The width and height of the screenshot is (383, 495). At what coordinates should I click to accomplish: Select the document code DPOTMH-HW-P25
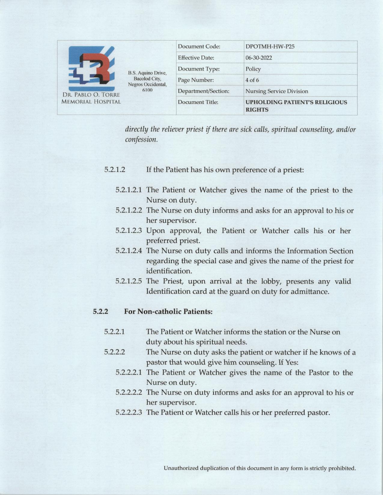(268, 46)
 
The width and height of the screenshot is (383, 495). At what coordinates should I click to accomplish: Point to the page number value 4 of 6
(252, 80)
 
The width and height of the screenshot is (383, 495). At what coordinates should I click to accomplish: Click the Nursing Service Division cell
(277, 91)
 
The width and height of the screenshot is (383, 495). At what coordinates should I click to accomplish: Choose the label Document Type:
(199, 69)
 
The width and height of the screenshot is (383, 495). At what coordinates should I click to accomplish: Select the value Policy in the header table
(253, 69)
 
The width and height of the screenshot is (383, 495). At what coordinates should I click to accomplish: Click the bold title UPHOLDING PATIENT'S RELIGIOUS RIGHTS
(296, 106)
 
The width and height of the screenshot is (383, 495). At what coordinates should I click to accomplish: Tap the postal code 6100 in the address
(147, 90)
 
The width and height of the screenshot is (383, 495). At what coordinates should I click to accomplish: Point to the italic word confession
(141, 139)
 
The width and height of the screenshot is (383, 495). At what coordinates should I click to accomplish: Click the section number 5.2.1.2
(114, 170)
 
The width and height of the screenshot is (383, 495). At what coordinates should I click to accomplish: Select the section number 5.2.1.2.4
(129, 251)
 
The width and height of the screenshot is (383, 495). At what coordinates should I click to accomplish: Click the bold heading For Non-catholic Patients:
(168, 312)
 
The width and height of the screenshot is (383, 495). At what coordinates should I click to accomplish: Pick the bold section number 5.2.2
(100, 312)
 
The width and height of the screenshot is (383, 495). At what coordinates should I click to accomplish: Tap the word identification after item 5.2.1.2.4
(169, 271)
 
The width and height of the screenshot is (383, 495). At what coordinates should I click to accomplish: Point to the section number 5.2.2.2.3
(129, 412)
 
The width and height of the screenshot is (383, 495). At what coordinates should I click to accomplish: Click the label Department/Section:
(204, 91)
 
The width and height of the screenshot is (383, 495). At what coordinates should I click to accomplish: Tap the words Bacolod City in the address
(147, 79)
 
